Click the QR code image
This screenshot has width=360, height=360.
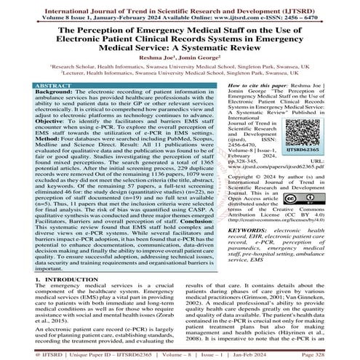point(333,113)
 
